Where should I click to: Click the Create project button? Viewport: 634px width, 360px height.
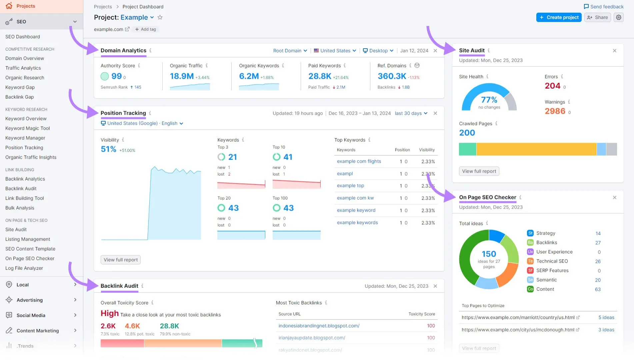[559, 17]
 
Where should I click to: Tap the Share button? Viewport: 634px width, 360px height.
[597, 17]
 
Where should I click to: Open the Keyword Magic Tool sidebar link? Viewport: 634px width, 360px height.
[27, 128]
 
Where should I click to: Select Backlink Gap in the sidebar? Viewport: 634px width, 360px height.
[20, 97]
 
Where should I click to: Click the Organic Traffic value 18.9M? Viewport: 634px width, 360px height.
[182, 76]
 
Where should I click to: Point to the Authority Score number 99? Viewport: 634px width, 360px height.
[116, 76]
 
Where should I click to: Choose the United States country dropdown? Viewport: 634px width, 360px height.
[335, 51]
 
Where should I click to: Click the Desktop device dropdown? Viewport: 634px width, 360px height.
[378, 51]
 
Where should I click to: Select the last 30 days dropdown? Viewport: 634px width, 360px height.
[411, 113]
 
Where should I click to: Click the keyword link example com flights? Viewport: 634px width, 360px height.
[359, 161]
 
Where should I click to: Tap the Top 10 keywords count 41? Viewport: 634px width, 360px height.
[288, 157]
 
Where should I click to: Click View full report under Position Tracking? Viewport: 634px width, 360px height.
[120, 260]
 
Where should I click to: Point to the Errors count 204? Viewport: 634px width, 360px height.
[552, 86]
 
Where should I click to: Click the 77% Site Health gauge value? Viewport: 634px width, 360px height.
[489, 100]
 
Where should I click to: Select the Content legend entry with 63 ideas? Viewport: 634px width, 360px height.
[545, 289]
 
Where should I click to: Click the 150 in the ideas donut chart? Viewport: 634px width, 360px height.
[489, 254]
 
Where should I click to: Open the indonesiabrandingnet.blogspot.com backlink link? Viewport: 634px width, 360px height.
[319, 326]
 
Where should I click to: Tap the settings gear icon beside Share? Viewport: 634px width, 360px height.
[619, 17]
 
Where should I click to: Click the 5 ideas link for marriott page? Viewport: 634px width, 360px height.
[606, 317]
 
